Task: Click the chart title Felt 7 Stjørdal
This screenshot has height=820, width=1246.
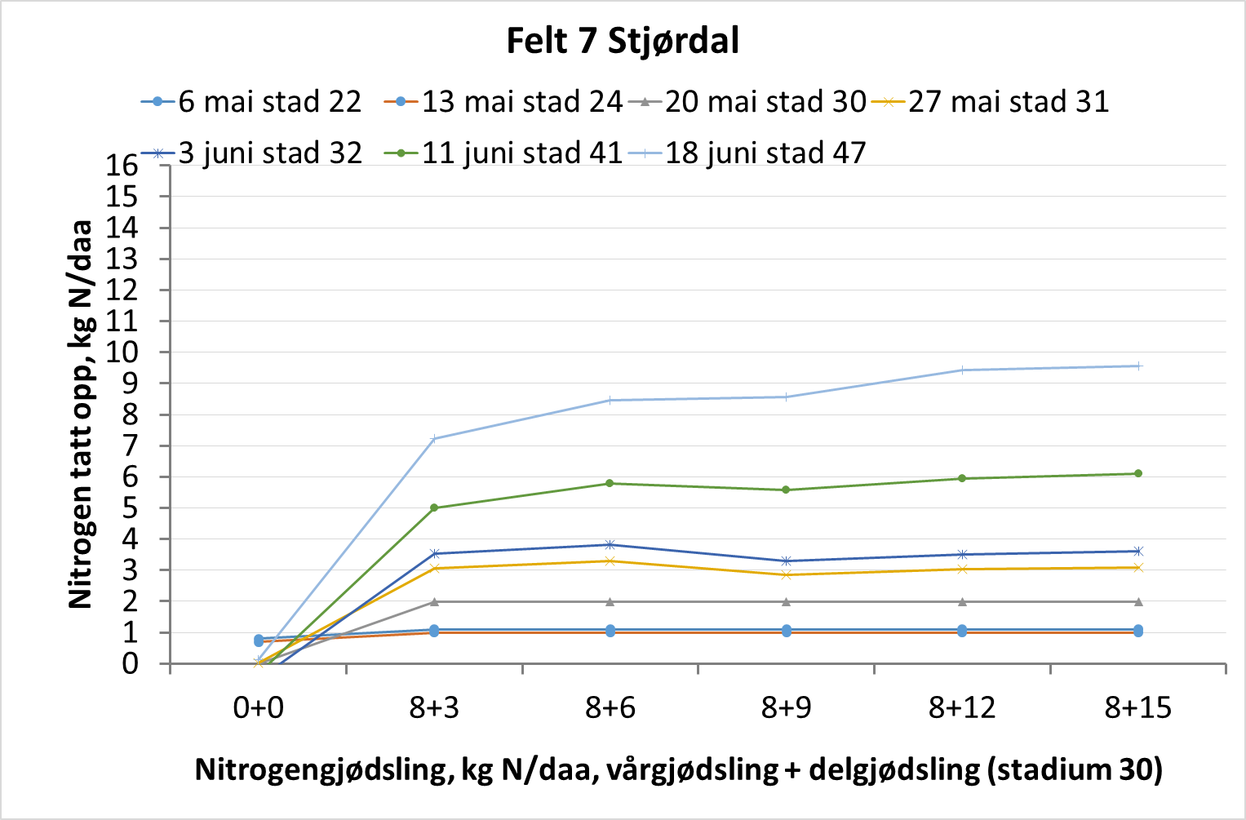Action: tap(623, 41)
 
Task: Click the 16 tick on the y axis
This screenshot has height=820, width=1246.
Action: tap(122, 166)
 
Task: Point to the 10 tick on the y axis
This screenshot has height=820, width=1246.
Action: tap(122, 352)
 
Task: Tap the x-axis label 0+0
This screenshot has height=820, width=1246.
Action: tap(258, 707)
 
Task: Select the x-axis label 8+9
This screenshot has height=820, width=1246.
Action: tap(786, 707)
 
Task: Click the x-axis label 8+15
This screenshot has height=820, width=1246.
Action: tap(1137, 707)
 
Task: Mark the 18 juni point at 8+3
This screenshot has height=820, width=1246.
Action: tap(434, 438)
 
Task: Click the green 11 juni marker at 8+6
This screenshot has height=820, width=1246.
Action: tap(610, 483)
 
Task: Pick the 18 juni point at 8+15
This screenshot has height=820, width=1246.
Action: tap(1138, 366)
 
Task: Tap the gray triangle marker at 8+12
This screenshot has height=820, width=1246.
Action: tap(962, 602)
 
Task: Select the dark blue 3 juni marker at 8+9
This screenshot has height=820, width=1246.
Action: tap(786, 561)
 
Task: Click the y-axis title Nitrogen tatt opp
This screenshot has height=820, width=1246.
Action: tap(81, 414)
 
